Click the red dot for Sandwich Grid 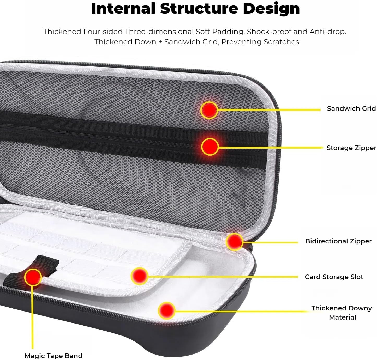[x=209, y=110]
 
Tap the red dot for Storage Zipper [x=210, y=147]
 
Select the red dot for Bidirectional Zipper [x=235, y=242]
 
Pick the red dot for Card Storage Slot [x=140, y=276]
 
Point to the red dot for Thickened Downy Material [x=166, y=310]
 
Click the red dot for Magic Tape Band [x=33, y=277]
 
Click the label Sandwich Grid [x=351, y=108]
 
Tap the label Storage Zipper [x=351, y=148]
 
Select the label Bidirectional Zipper [x=338, y=241]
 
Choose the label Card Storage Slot [x=334, y=277]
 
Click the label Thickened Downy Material [x=342, y=313]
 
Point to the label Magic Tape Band [x=53, y=356]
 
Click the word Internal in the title [x=123, y=8]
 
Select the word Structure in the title [x=199, y=8]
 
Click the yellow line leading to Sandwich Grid [x=269, y=110]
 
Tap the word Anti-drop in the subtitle [x=328, y=32]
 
